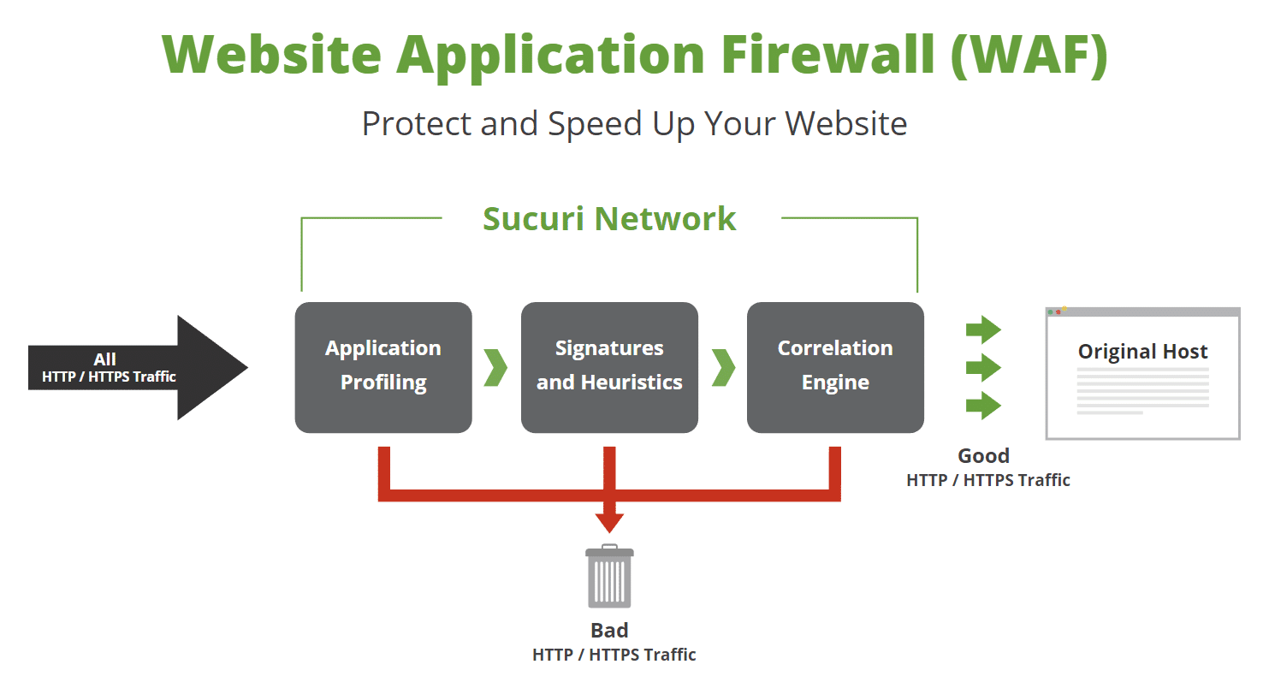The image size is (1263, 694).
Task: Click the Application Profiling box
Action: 383,367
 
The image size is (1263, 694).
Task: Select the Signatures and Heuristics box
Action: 609,367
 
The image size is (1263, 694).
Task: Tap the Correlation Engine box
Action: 835,367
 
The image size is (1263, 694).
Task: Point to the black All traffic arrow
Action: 137,368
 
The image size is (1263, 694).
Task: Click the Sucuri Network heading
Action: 609,219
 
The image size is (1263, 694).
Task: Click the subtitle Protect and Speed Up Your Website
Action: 634,124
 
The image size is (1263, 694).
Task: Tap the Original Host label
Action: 1142,352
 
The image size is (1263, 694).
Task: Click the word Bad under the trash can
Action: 609,631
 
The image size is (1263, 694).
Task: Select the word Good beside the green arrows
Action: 983,456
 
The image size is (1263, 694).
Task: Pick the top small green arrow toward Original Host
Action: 983,329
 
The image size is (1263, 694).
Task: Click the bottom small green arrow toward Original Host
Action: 983,405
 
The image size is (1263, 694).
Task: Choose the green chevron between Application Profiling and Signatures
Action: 495,367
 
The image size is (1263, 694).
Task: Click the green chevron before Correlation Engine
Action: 723,367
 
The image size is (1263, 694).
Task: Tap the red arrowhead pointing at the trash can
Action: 610,522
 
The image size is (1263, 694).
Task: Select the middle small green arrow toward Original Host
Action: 983,367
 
